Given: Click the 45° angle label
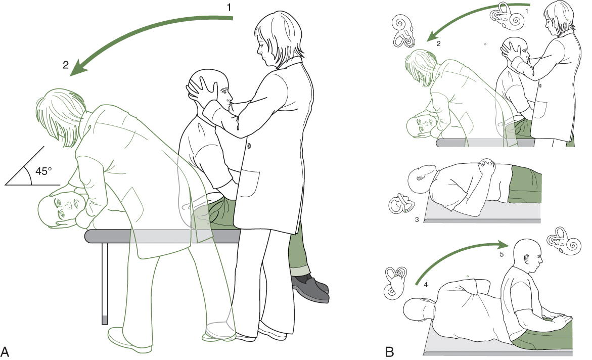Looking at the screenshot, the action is [x=43, y=171].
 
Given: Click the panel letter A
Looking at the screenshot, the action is [x=5, y=351].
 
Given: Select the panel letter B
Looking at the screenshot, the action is [x=390, y=351].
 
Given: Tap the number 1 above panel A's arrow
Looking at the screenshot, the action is [x=229, y=8].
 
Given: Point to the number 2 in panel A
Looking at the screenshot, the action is [x=66, y=65].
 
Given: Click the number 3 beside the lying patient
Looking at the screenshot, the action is [x=417, y=219].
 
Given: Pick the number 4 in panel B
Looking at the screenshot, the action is [x=426, y=285].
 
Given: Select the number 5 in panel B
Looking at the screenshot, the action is [x=502, y=254].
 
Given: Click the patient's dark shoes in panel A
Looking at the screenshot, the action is [x=310, y=288].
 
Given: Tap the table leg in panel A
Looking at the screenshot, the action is [x=105, y=283].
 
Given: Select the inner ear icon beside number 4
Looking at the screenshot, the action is [x=395, y=283].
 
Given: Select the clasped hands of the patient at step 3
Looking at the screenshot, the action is [x=486, y=165].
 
